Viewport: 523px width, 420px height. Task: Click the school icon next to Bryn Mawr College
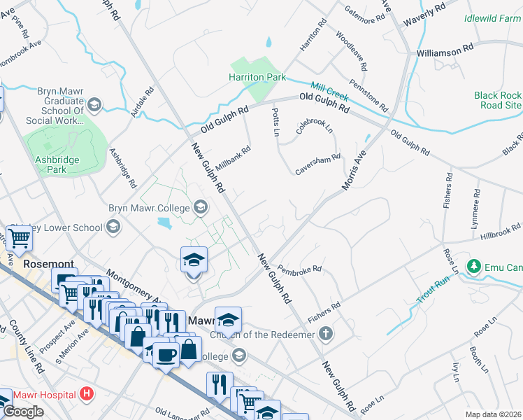click(201, 207)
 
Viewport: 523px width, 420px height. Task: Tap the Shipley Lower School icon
click(113, 227)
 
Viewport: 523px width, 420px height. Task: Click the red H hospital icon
click(87, 395)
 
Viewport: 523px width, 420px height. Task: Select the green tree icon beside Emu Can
click(474, 266)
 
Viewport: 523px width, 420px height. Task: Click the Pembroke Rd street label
click(299, 269)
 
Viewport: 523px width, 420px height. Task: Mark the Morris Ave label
click(354, 171)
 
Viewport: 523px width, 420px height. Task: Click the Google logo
click(22, 412)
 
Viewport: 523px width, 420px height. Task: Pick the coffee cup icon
click(166, 356)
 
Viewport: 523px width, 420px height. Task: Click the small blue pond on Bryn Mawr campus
click(165, 223)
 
